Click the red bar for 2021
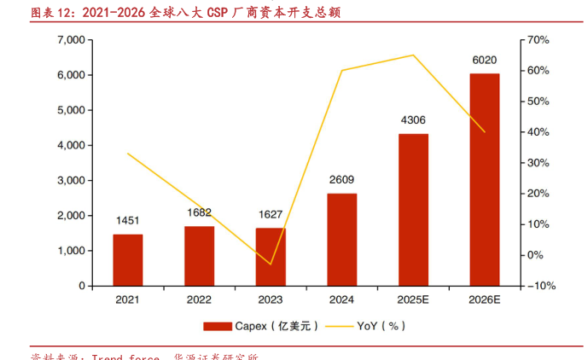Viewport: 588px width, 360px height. (127, 260)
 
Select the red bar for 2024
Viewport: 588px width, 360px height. (342, 240)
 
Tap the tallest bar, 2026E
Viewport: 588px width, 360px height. (485, 180)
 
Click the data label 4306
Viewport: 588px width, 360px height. (413, 120)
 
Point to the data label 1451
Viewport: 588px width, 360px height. (128, 221)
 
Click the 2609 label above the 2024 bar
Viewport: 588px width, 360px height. (342, 179)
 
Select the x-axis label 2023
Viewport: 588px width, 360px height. (271, 300)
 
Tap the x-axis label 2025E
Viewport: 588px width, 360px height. (413, 300)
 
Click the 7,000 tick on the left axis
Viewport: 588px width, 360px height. (70, 40)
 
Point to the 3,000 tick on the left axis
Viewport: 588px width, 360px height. (70, 181)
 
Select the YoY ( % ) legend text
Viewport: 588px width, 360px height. (381, 326)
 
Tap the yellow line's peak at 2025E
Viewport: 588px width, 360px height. (413, 55)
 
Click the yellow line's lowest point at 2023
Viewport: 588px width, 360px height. (271, 264)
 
